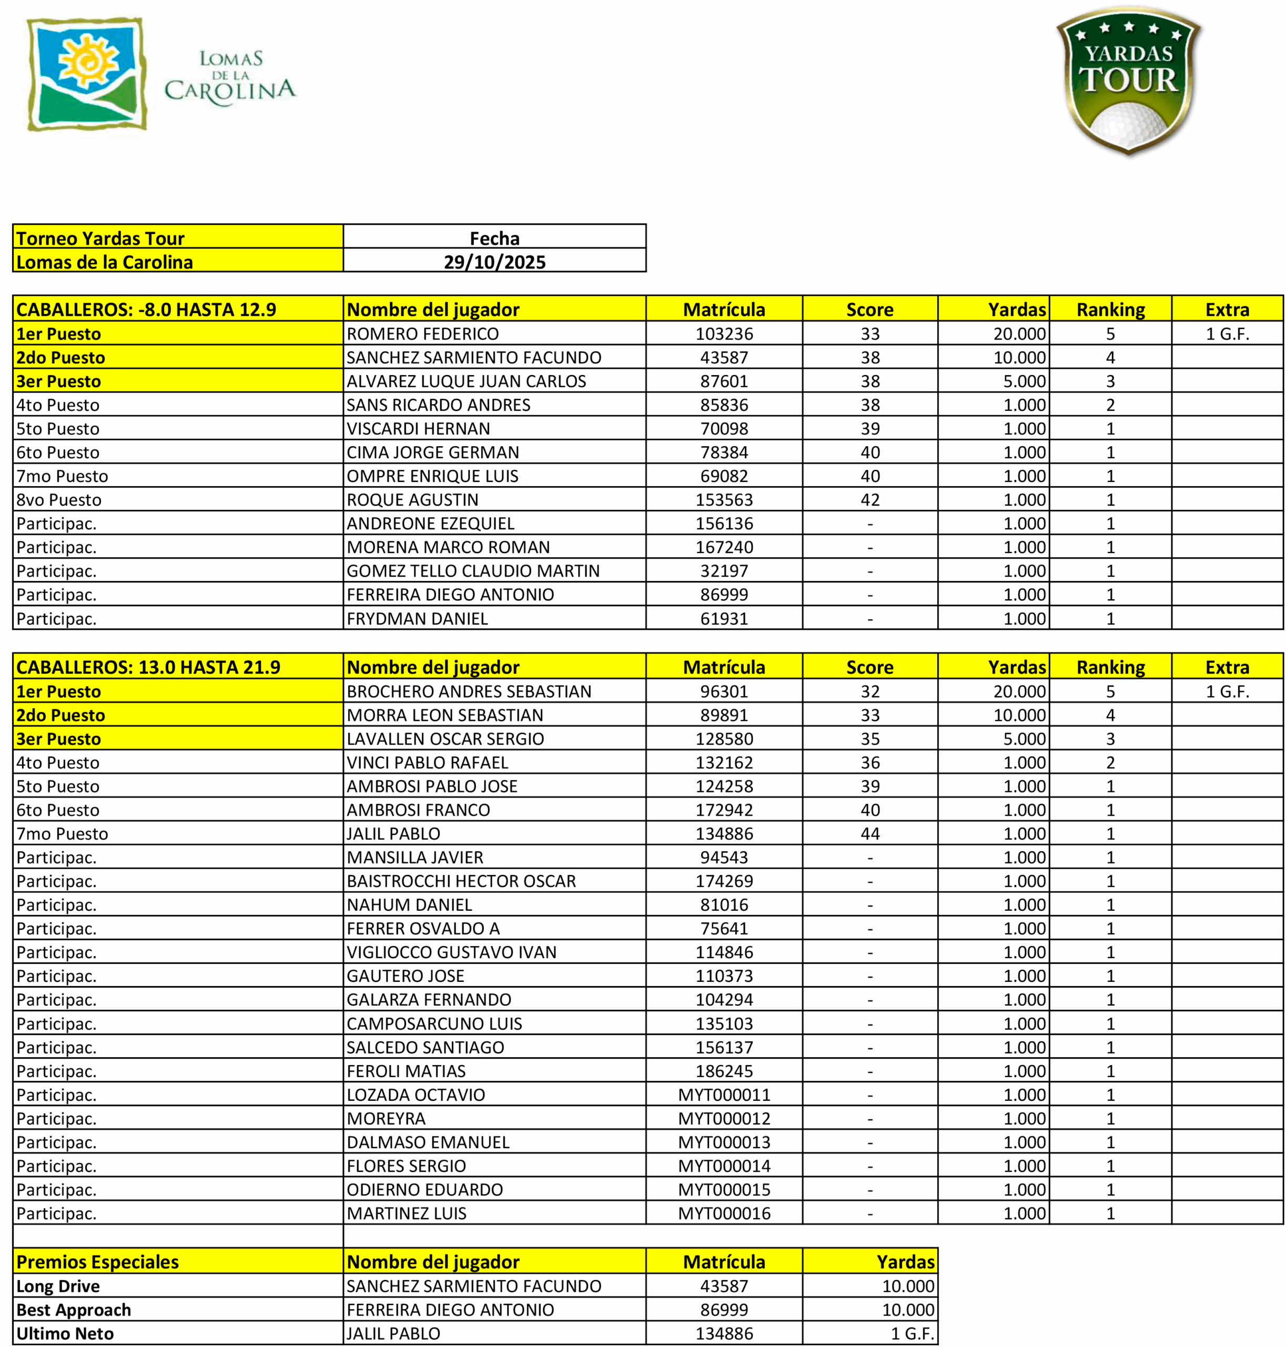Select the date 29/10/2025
(494, 262)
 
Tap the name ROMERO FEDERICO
(422, 334)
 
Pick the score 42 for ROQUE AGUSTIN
(870, 500)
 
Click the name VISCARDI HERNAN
(418, 429)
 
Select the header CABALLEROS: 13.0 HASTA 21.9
(148, 667)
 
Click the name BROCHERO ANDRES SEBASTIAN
(469, 691)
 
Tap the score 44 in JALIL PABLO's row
(870, 834)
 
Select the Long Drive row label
(58, 1286)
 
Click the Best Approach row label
(73, 1310)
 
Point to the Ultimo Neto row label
(65, 1334)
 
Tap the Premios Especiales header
(97, 1262)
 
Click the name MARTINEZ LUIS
(407, 1214)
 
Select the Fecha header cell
(494, 238)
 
